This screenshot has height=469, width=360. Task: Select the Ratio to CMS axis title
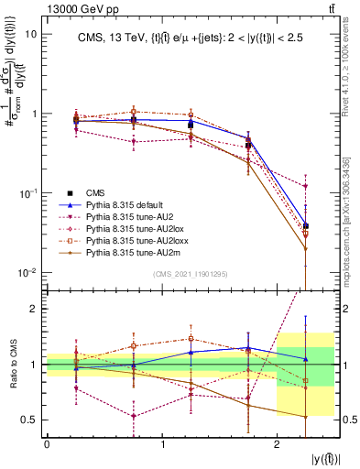(x=13, y=365)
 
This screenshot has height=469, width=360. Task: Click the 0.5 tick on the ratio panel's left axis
(x=29, y=420)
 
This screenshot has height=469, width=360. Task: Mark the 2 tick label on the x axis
(x=277, y=443)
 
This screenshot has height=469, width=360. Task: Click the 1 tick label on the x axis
(x=162, y=443)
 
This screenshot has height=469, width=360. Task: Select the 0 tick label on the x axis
(x=47, y=443)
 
